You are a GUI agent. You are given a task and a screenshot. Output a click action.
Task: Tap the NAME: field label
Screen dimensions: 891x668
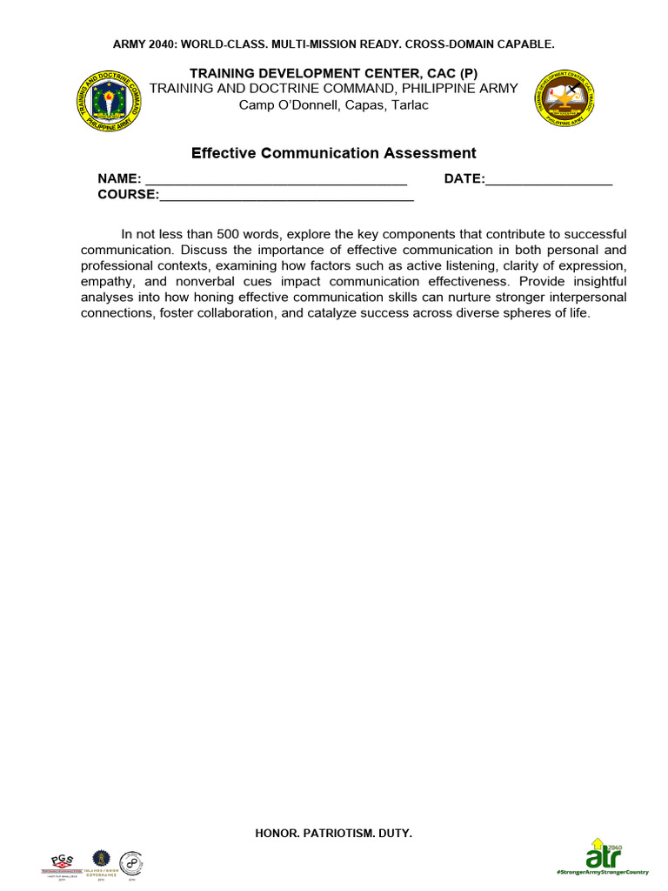coord(119,179)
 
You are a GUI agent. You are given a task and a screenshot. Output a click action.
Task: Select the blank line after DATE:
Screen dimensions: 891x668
coord(549,183)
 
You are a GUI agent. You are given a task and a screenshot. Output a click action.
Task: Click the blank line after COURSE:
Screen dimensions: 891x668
coord(286,198)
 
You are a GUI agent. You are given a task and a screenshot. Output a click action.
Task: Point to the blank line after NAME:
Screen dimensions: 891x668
coord(275,183)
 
